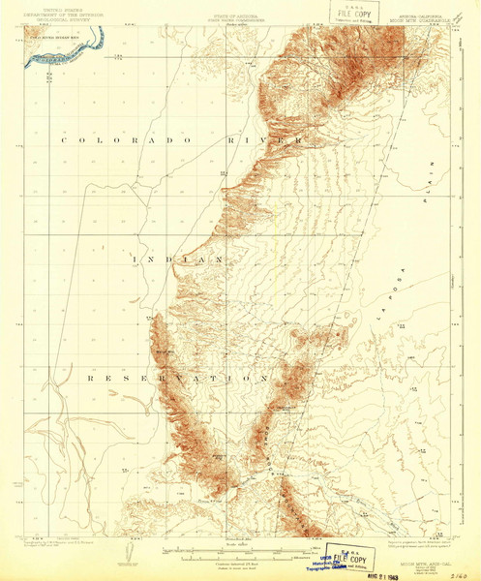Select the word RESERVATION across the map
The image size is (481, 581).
coord(178,376)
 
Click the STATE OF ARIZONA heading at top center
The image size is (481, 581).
coord(238,10)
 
